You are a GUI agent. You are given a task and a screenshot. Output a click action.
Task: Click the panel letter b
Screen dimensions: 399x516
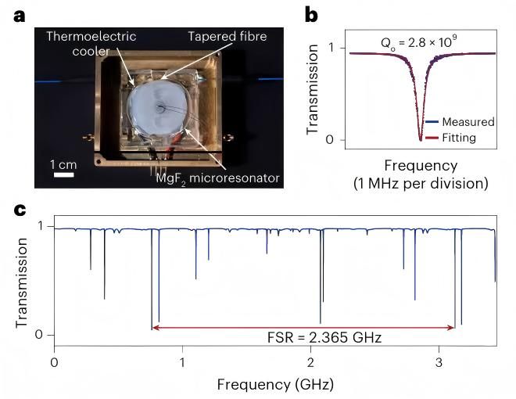pyautogui.click(x=310, y=14)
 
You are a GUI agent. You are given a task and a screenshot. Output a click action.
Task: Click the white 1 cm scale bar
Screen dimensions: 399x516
pyautogui.click(x=63, y=174)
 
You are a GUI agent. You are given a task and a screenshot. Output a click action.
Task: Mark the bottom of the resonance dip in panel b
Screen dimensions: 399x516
pyautogui.click(x=421, y=139)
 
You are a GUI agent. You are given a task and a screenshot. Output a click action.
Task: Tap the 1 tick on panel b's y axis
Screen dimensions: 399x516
pyautogui.click(x=331, y=49)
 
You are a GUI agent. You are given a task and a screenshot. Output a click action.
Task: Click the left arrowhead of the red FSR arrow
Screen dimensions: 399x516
pyautogui.click(x=155, y=325)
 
